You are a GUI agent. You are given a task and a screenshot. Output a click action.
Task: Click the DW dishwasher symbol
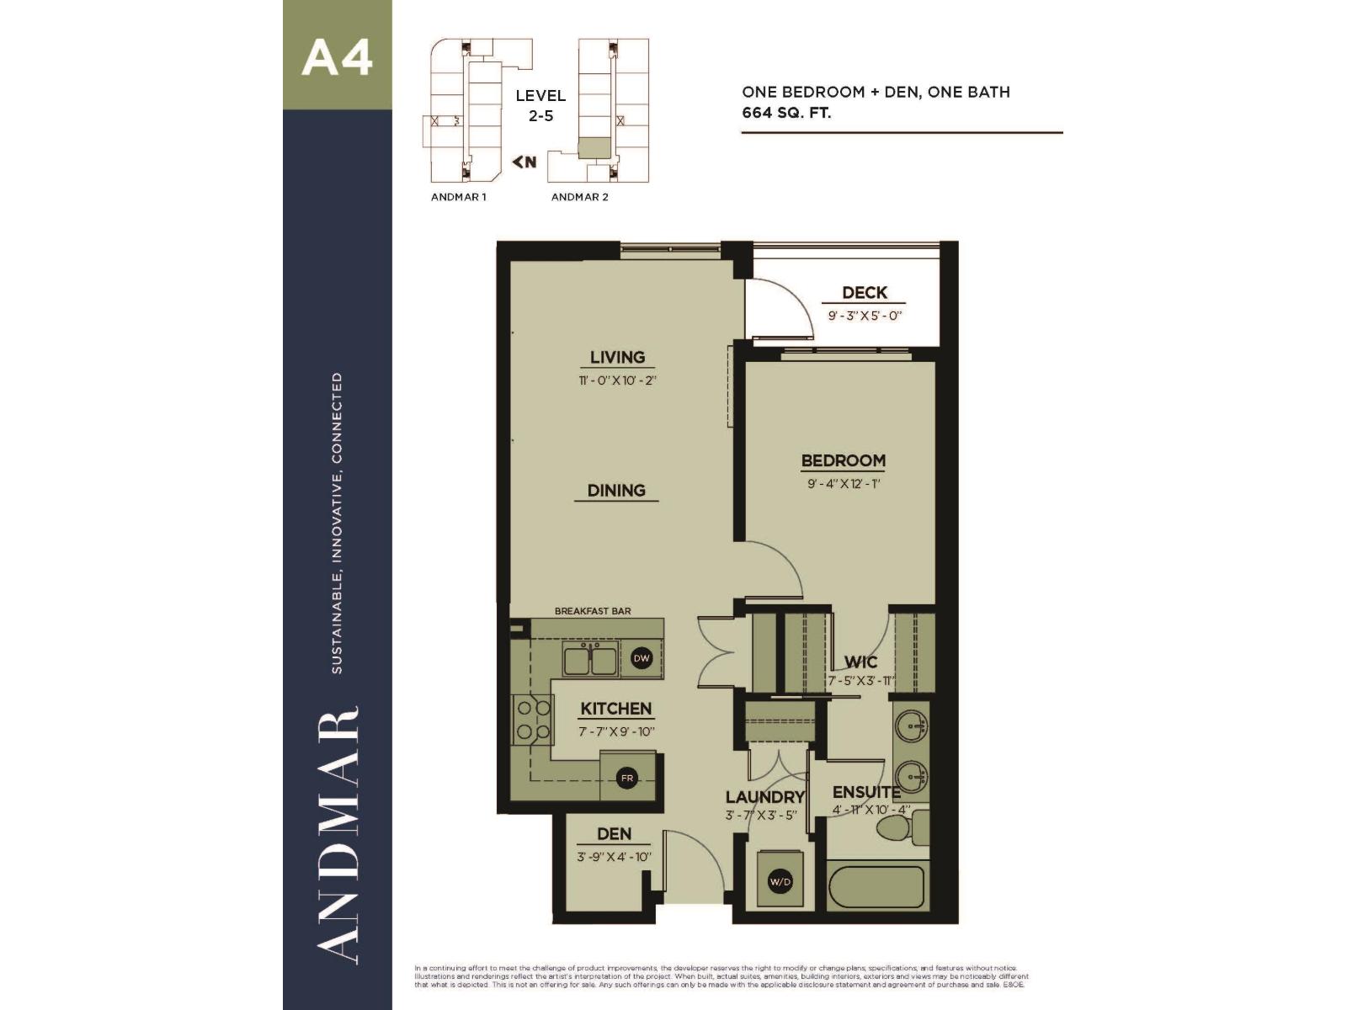642,658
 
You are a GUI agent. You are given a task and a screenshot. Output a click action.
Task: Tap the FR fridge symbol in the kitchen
626,779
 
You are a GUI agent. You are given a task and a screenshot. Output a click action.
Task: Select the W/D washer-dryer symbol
780,882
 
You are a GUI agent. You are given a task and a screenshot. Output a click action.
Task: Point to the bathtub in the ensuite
876,887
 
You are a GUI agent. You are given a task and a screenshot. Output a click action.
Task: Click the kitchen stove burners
533,720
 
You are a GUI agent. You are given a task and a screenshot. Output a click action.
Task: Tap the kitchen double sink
591,659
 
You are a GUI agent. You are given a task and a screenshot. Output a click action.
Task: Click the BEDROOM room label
843,460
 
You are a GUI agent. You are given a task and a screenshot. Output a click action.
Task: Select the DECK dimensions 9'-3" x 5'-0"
865,316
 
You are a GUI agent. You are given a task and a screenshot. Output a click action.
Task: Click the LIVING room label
617,357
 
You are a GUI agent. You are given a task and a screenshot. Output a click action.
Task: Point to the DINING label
616,490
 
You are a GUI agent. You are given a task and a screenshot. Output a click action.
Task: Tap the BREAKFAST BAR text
593,611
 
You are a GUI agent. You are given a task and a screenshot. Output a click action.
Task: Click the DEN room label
614,833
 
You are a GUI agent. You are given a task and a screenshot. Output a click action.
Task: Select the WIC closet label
860,662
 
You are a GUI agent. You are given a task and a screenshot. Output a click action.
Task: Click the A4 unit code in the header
337,57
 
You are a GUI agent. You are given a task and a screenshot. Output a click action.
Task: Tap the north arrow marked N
524,162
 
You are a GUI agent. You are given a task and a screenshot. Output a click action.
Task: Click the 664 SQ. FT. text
786,113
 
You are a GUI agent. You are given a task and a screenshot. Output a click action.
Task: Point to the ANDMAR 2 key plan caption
579,197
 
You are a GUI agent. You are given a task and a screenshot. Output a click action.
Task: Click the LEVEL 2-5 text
540,105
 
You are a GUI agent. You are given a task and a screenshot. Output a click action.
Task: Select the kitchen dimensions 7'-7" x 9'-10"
616,732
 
